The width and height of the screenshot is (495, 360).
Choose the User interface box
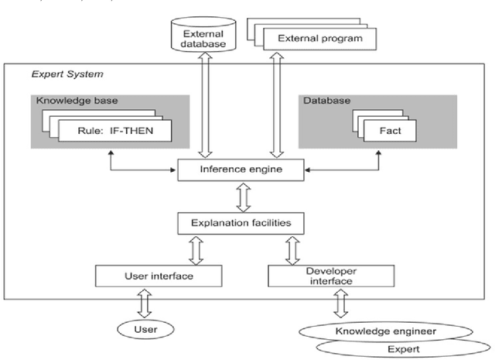click(159, 275)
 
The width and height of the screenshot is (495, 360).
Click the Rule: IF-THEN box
click(116, 130)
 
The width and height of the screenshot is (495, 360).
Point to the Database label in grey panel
click(319, 101)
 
